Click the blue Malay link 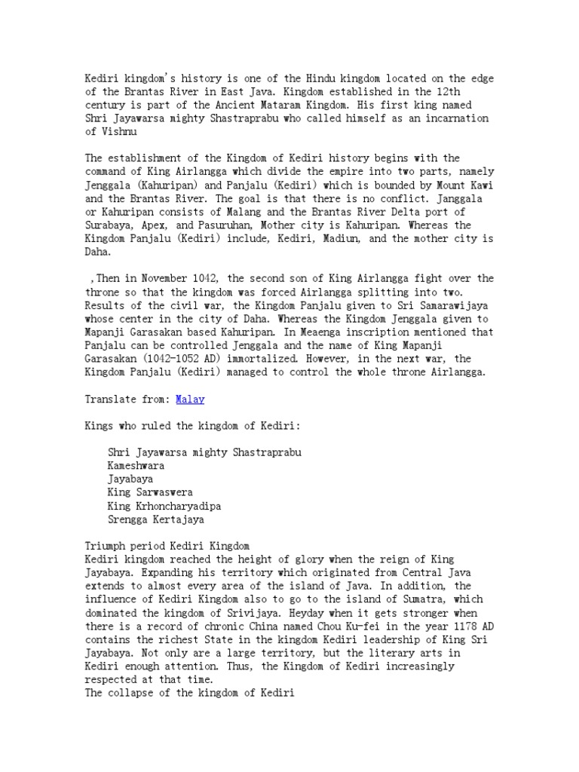(190, 400)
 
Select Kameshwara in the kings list (136, 465)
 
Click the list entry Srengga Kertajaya (155, 519)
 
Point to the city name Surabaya (109, 225)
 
